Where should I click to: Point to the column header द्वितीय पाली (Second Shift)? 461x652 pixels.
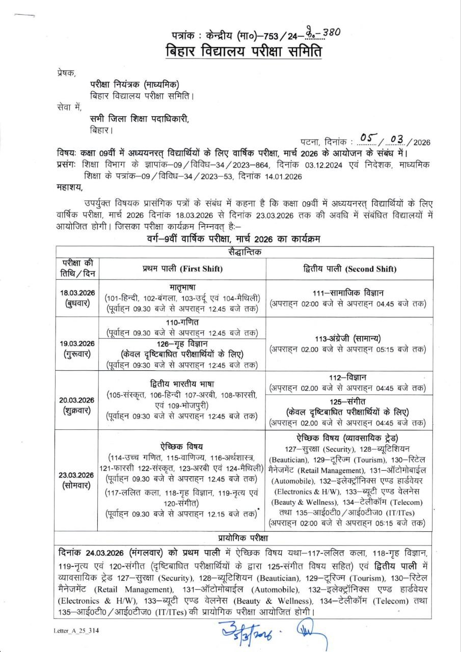348,268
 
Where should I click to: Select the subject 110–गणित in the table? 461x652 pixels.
182,322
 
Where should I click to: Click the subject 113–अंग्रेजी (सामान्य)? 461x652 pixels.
348,339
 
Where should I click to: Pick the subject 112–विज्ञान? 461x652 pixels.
348,377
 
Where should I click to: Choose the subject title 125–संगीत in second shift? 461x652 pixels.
348,402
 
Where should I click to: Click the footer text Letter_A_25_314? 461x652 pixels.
76,631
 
